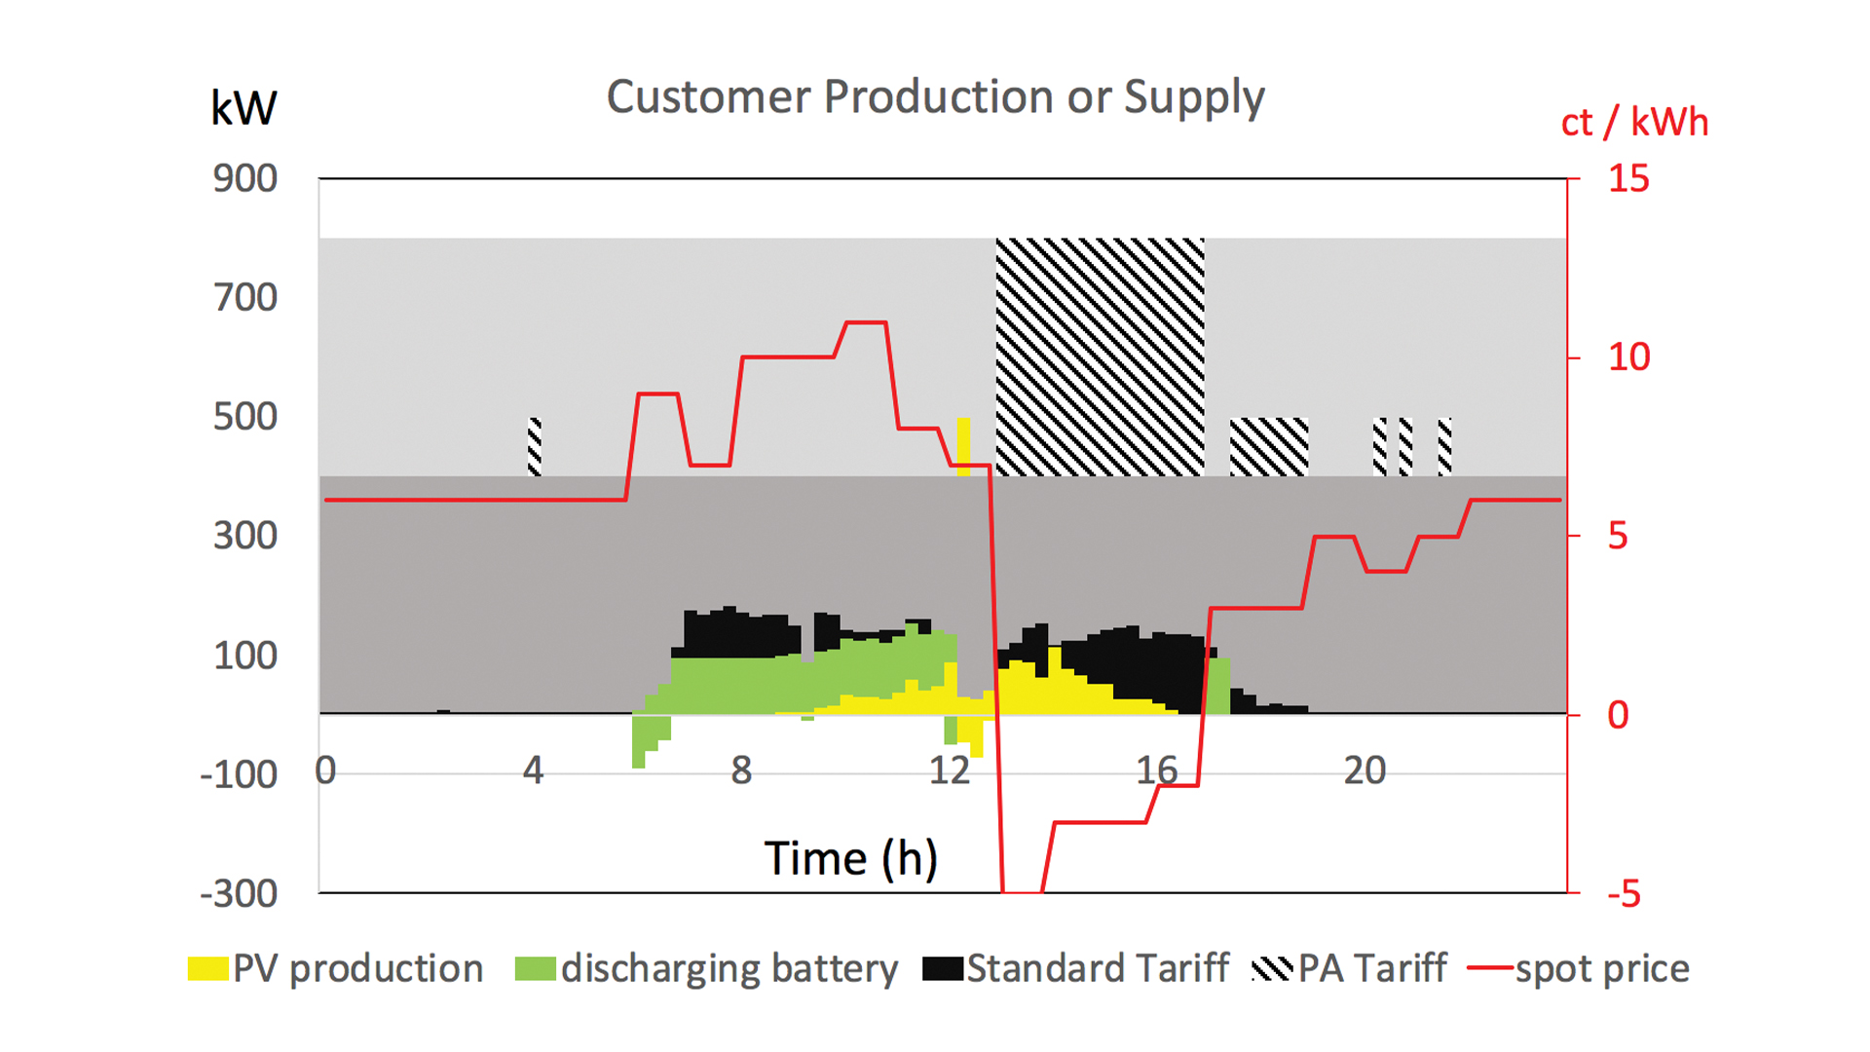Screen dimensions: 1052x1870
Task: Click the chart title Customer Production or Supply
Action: [935, 97]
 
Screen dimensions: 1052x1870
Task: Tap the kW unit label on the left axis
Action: [243, 108]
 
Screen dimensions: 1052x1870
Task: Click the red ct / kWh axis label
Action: [1633, 123]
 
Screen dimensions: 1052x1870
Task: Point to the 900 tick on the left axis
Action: [245, 179]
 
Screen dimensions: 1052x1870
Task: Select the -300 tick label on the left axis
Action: [240, 893]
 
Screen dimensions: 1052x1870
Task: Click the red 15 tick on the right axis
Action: [1627, 179]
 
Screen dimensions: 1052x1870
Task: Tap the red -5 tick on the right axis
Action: [1624, 893]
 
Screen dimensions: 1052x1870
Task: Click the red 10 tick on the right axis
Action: [1628, 357]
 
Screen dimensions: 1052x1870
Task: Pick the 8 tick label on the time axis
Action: [741, 770]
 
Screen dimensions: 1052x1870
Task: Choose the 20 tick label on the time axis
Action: [1365, 770]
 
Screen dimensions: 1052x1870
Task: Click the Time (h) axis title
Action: [850, 858]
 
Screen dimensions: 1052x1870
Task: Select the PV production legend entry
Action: [336, 968]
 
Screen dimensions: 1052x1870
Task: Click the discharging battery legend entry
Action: [707, 968]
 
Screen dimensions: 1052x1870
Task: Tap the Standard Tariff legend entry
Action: [1076, 968]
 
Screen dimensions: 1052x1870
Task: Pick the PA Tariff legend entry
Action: [1350, 968]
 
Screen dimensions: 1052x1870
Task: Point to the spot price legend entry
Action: [1580, 968]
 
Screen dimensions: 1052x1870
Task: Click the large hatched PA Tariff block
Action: [1100, 357]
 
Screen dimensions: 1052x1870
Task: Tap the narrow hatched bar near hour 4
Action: [535, 446]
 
